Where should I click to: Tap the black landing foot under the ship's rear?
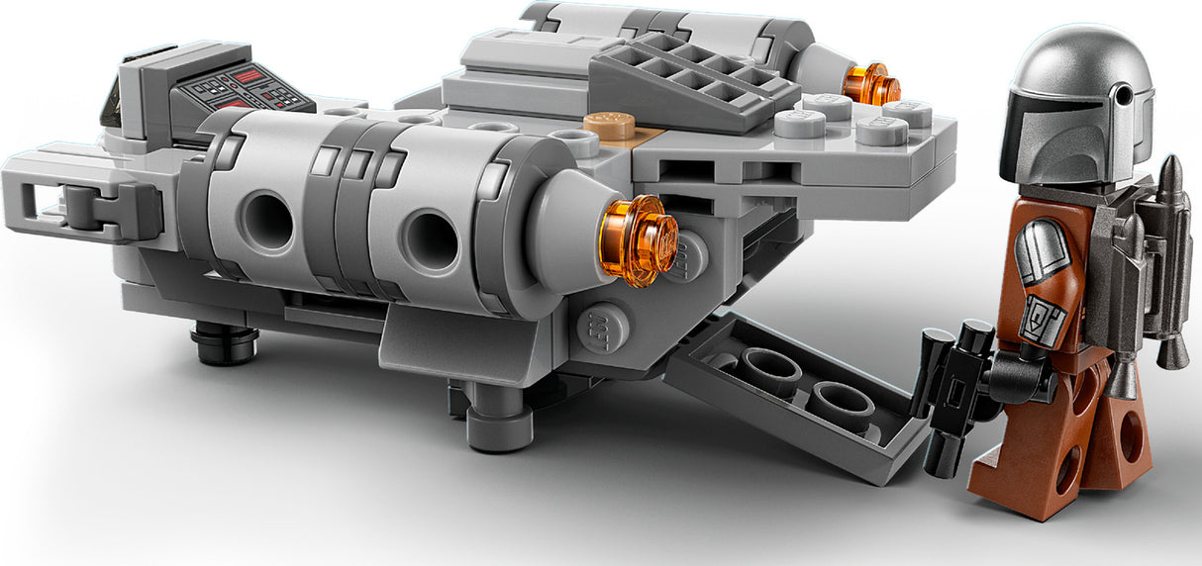[x=224, y=341]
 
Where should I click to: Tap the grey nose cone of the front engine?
[x=564, y=228]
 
